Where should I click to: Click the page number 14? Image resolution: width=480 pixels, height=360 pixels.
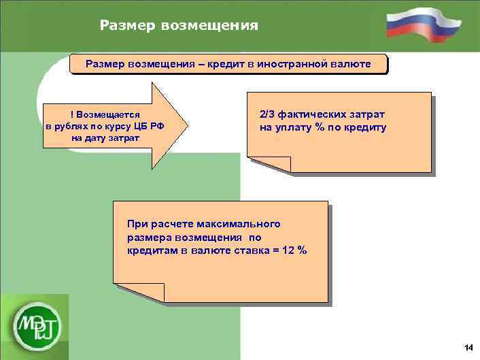468,348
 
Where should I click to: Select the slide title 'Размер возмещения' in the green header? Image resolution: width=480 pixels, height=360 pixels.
179,26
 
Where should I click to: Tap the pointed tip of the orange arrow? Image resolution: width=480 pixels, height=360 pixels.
184,126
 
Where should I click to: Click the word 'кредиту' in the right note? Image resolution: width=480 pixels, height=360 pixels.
366,127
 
